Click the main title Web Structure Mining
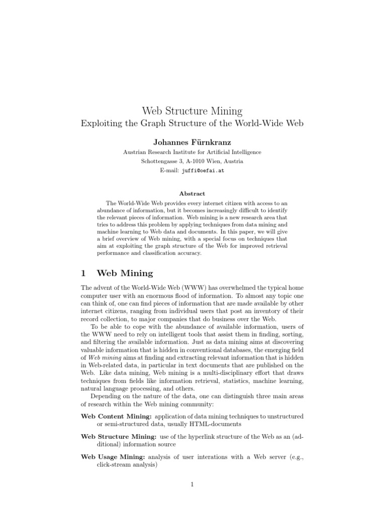tap(192, 110)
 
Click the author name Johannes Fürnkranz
tap(192, 143)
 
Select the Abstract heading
tap(192, 193)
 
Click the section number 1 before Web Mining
tap(83, 274)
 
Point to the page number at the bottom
tap(192, 484)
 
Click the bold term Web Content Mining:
tap(116, 417)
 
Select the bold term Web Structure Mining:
tap(119, 437)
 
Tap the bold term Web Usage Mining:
tap(113, 456)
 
